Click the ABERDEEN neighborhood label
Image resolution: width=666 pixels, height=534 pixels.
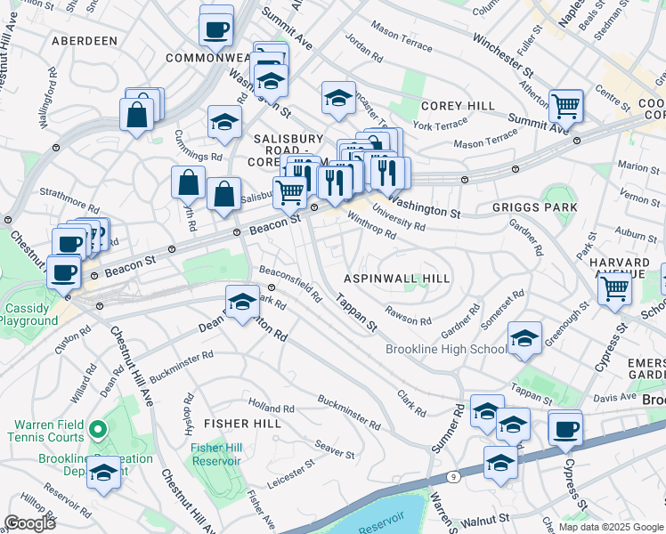click(x=85, y=41)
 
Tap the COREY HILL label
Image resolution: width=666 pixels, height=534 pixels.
click(x=459, y=106)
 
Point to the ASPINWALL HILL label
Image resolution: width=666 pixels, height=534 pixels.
click(x=396, y=279)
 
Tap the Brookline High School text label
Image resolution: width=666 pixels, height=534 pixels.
click(x=446, y=350)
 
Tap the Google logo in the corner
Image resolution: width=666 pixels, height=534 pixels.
click(x=29, y=522)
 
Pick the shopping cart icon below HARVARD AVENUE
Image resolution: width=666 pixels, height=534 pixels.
click(x=614, y=287)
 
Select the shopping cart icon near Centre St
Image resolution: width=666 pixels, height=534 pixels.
click(x=565, y=106)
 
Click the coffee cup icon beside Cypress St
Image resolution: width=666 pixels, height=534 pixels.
click(x=565, y=428)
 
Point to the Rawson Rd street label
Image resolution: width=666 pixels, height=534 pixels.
click(x=408, y=316)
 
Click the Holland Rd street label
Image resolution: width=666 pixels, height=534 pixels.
click(x=272, y=409)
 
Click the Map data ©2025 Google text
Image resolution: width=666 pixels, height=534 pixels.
click(x=611, y=527)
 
